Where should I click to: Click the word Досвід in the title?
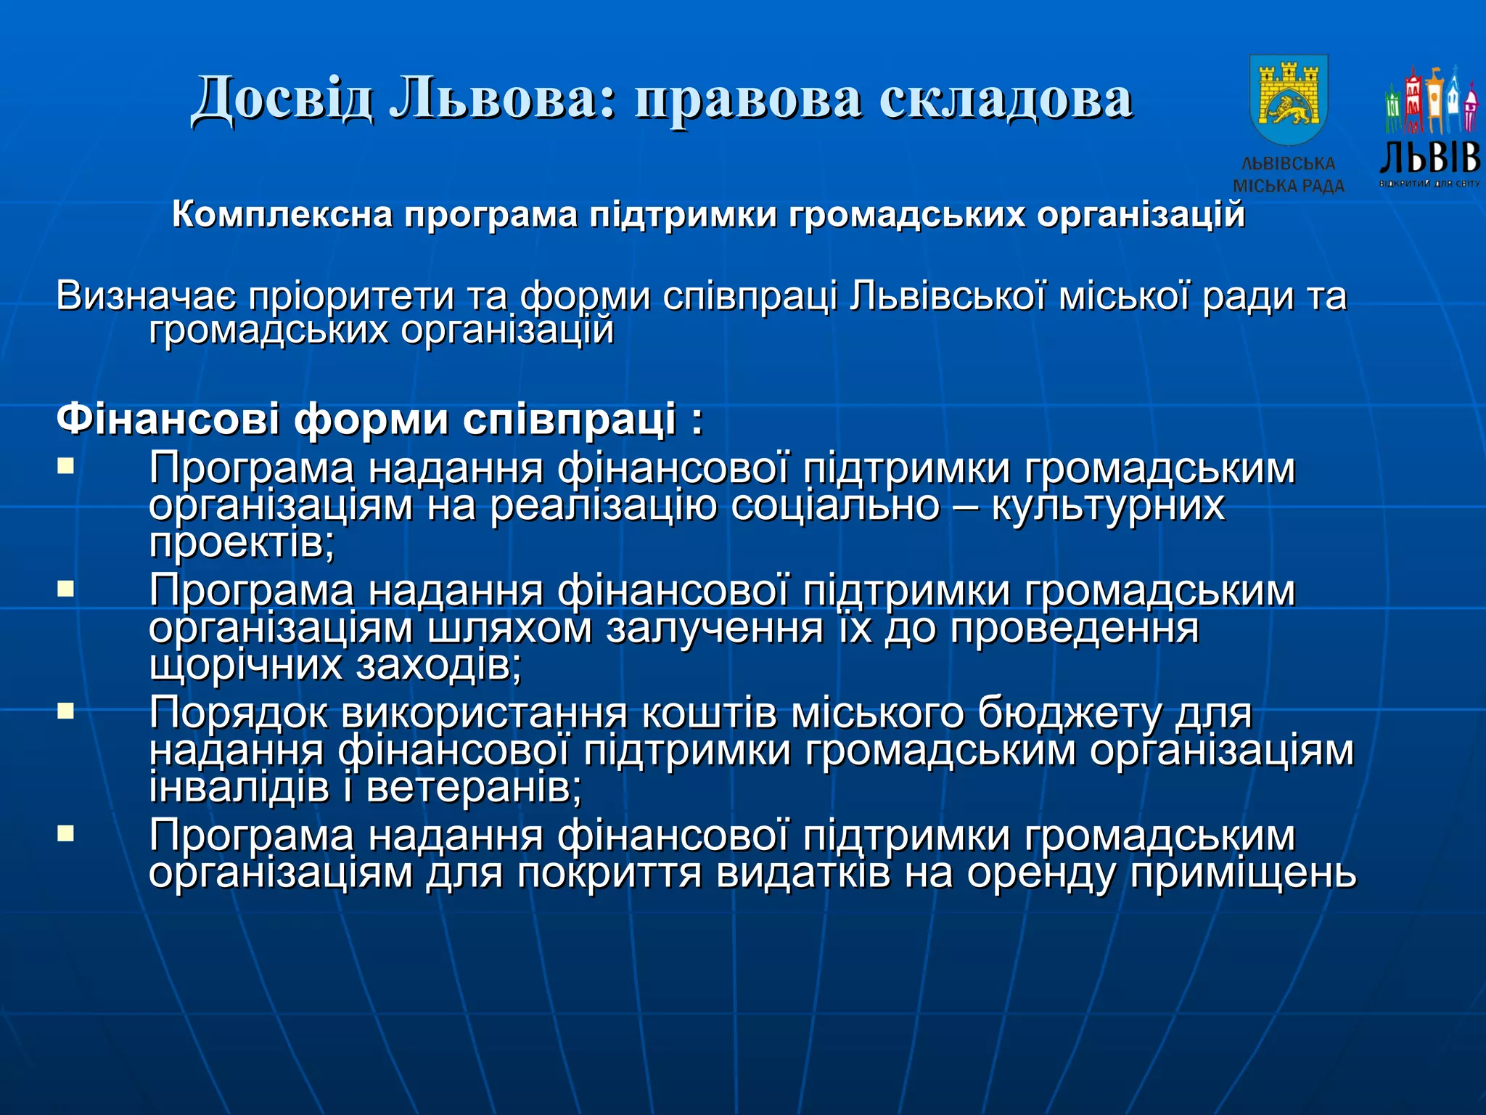coord(283,99)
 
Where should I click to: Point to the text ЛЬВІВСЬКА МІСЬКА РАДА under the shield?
coord(1289,175)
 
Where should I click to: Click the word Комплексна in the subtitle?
coord(282,215)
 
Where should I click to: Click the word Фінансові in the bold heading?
coord(168,420)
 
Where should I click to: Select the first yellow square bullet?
coord(66,465)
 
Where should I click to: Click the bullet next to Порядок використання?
coord(66,710)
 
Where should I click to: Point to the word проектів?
coord(242,543)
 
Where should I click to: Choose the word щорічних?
coord(245,665)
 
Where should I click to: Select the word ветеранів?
coord(474,788)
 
